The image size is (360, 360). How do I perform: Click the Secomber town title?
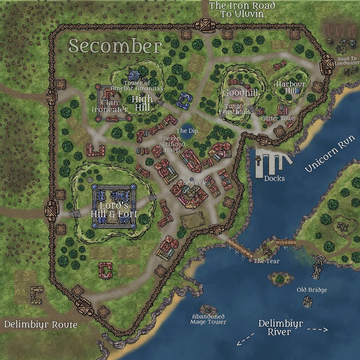click(115, 46)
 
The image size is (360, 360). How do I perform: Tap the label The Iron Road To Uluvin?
click(242, 10)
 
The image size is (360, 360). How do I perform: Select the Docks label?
click(274, 178)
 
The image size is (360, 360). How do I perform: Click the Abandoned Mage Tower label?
click(208, 319)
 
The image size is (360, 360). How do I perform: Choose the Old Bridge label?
click(312, 290)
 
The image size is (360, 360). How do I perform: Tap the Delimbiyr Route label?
click(41, 324)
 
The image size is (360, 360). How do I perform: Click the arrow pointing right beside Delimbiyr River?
click(317, 330)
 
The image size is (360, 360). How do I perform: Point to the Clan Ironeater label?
click(109, 106)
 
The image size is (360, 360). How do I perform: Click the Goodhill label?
click(240, 93)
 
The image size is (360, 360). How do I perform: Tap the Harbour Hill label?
click(290, 88)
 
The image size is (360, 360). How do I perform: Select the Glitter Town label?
click(278, 118)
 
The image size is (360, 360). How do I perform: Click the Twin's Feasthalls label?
click(234, 109)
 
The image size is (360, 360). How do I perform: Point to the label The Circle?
click(193, 183)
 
